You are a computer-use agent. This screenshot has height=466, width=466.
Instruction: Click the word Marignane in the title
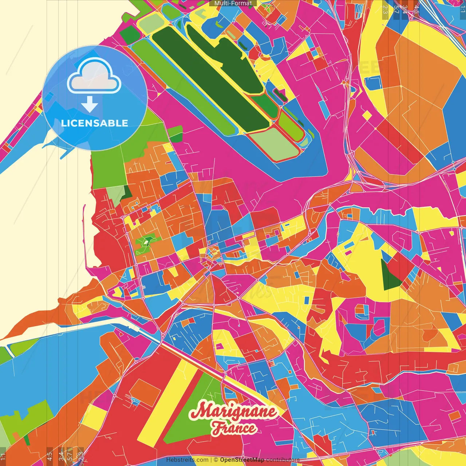point(233,412)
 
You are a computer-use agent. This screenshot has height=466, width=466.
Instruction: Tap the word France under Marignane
point(234,428)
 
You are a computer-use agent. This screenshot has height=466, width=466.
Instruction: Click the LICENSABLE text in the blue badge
point(95,123)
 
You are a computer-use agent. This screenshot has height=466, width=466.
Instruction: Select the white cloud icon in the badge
point(94,77)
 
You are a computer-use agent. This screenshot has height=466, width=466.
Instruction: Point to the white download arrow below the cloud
point(89,104)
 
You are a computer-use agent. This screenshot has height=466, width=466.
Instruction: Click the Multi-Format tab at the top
point(233,3)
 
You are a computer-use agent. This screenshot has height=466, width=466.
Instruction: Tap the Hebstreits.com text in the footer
point(187,460)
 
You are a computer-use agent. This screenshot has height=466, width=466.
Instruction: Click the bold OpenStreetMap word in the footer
point(242,460)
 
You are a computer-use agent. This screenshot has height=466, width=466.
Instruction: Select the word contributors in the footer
point(283,460)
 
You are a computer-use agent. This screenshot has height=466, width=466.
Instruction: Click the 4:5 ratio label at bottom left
point(50,456)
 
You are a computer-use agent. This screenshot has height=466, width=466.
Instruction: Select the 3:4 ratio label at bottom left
point(61,456)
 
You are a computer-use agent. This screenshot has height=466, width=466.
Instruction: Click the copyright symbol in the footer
point(216,460)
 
